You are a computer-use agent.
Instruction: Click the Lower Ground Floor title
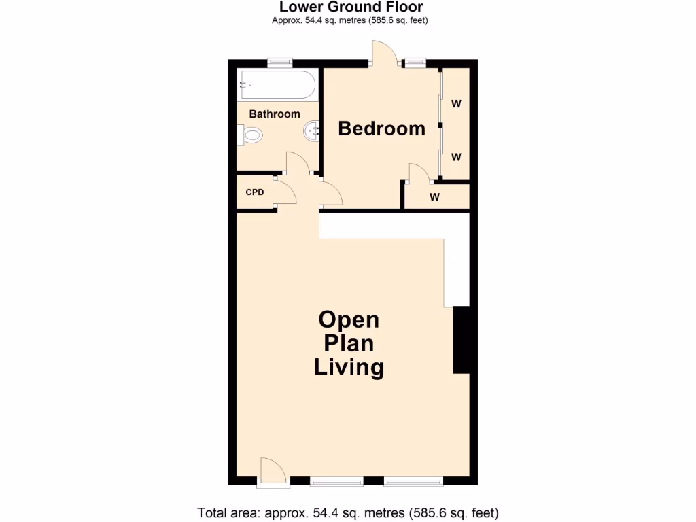(351, 7)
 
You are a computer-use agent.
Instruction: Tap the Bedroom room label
(381, 128)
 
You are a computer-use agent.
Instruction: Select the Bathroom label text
(275, 114)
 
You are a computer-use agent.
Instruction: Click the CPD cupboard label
(255, 192)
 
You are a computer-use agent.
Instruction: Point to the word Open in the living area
(349, 320)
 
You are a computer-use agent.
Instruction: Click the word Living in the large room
(349, 368)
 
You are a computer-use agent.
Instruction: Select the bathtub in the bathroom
(276, 86)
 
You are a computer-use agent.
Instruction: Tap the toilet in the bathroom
(251, 136)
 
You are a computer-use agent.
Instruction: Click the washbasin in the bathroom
(313, 130)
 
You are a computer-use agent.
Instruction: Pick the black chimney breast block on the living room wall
(462, 340)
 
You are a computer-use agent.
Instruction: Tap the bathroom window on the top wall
(279, 63)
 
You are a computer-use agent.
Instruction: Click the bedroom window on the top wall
(414, 63)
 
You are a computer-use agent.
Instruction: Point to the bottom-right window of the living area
(413, 481)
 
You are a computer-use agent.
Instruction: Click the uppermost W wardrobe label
(456, 104)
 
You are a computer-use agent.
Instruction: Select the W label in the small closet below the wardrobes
(435, 198)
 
